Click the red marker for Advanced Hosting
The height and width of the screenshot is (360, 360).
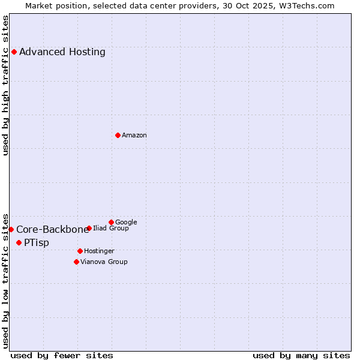[x=14, y=52]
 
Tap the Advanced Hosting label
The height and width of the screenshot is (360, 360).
[x=62, y=52]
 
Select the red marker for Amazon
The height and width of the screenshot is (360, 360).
[x=118, y=135]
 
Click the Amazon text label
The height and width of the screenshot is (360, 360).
[x=134, y=136]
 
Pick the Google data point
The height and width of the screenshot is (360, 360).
[x=111, y=222]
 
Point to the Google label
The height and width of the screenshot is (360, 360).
[x=126, y=222]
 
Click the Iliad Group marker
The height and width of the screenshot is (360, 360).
[x=89, y=228]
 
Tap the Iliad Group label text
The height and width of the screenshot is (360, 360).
[x=111, y=229]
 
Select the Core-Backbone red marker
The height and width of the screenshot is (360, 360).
[x=11, y=229]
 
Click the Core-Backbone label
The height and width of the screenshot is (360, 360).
[x=53, y=229]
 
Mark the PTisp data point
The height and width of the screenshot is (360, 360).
[x=19, y=242]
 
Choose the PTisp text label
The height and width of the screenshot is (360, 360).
[x=37, y=243]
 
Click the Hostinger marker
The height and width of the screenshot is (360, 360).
[x=80, y=251]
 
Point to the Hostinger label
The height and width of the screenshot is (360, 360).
[x=99, y=251]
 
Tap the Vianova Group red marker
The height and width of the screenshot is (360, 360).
[x=76, y=262]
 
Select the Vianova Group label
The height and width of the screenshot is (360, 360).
[x=104, y=262]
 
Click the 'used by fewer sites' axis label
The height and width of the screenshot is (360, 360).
[x=62, y=355]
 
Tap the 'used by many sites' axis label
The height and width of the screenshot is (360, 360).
[x=301, y=355]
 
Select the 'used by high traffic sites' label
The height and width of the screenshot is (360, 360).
[x=6, y=85]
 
